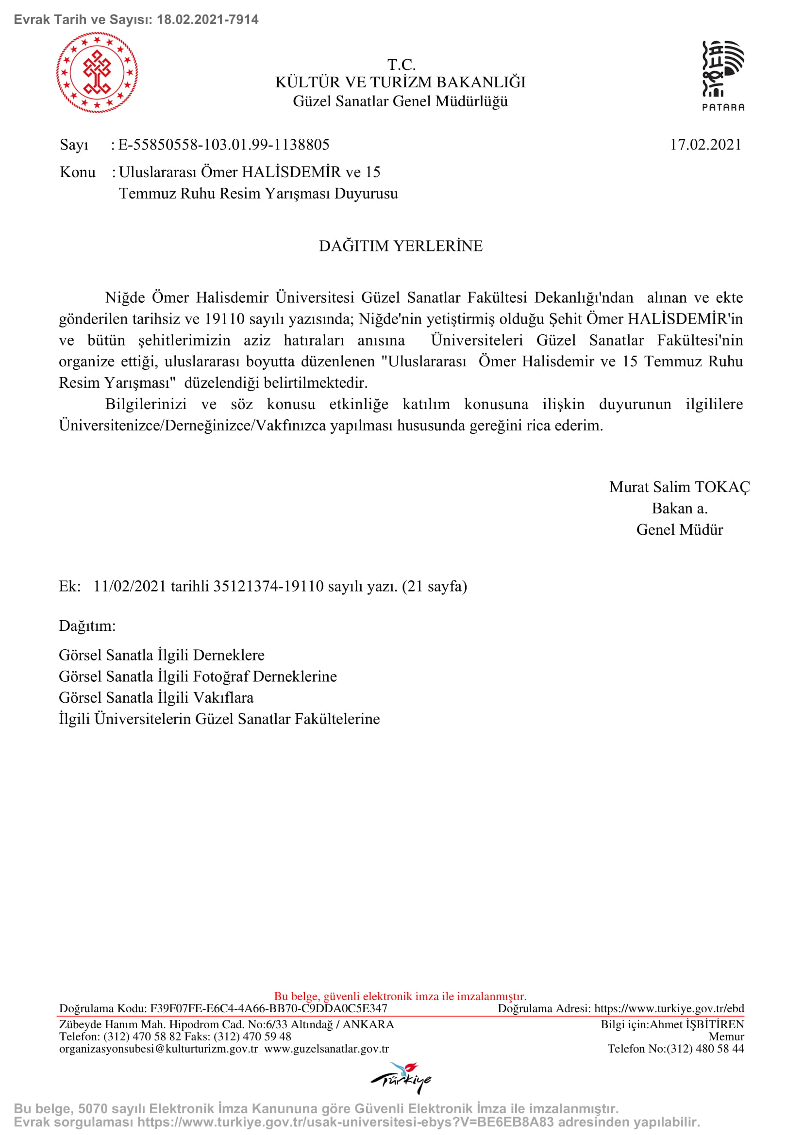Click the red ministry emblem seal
tap(97, 73)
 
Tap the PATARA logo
tap(723, 76)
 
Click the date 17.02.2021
tap(705, 145)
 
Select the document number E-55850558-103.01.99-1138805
tap(223, 145)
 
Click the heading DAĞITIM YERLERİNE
tap(401, 246)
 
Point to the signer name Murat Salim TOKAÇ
tap(679, 487)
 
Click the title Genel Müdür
tap(679, 529)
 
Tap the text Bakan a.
tap(679, 508)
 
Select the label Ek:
tap(70, 586)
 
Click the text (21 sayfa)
tap(434, 586)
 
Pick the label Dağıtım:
tap(87, 626)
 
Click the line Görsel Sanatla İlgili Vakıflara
tap(156, 697)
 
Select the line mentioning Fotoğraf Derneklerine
tap(198, 676)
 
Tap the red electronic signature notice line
tap(400, 996)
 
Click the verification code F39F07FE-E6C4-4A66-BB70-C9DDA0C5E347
tap(268, 1008)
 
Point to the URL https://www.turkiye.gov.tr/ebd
tap(669, 1008)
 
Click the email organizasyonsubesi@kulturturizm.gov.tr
tap(158, 1049)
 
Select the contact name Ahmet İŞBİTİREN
tap(696, 1024)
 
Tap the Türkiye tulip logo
tap(401, 1077)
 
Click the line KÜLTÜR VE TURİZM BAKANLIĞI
tap(401, 82)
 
